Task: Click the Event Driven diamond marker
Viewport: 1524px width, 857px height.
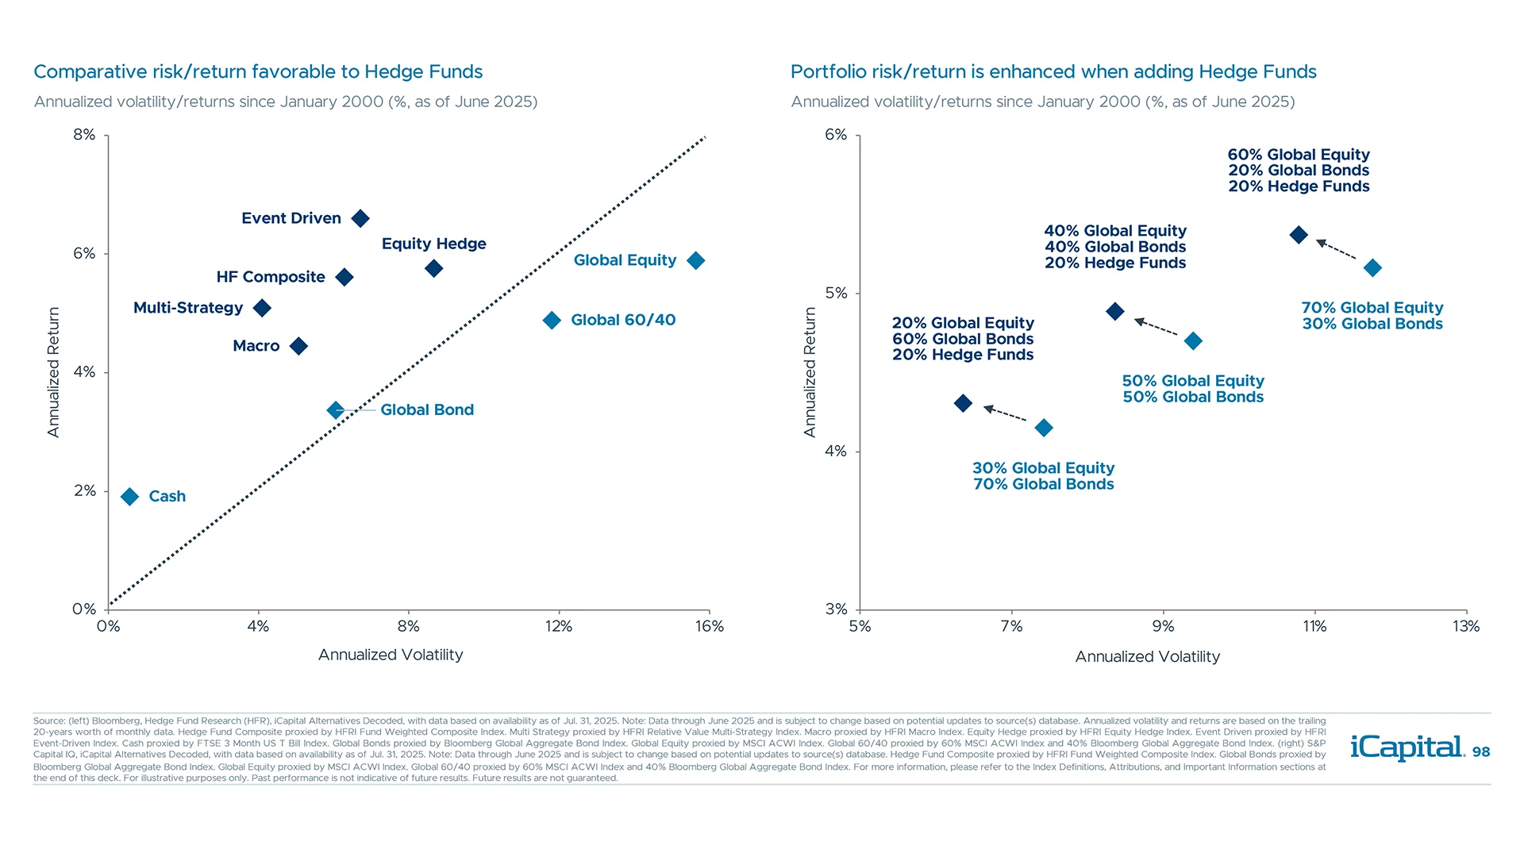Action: tap(360, 218)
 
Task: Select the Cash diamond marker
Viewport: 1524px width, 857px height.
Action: tap(130, 497)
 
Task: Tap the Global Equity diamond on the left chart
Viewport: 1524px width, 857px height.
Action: tap(696, 260)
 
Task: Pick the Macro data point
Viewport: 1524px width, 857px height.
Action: tap(298, 346)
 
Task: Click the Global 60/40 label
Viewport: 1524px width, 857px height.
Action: tap(623, 320)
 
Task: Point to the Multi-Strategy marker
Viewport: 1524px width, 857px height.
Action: tap(262, 308)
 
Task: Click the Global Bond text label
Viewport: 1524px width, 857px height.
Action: tap(427, 410)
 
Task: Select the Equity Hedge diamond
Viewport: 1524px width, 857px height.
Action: tap(433, 269)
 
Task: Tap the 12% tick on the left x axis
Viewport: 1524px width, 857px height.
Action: tap(559, 626)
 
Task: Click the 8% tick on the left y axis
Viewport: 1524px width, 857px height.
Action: tap(84, 135)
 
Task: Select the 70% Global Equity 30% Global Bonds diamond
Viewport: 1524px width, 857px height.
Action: tap(1372, 268)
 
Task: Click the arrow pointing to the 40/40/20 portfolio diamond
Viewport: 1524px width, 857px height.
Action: tap(1156, 327)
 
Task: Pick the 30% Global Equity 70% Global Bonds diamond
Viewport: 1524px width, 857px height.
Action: tap(1044, 428)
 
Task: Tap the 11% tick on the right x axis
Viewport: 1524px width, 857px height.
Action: tap(1314, 626)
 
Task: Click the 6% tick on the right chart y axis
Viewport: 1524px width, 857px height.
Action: tap(836, 135)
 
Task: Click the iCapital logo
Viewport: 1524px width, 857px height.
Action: tap(1407, 747)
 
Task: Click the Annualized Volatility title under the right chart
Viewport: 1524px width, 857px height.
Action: tap(1147, 656)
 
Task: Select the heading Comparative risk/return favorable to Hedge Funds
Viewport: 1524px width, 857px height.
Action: tap(258, 71)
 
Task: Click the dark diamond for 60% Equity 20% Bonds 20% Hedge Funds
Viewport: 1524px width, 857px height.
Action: tap(1299, 235)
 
